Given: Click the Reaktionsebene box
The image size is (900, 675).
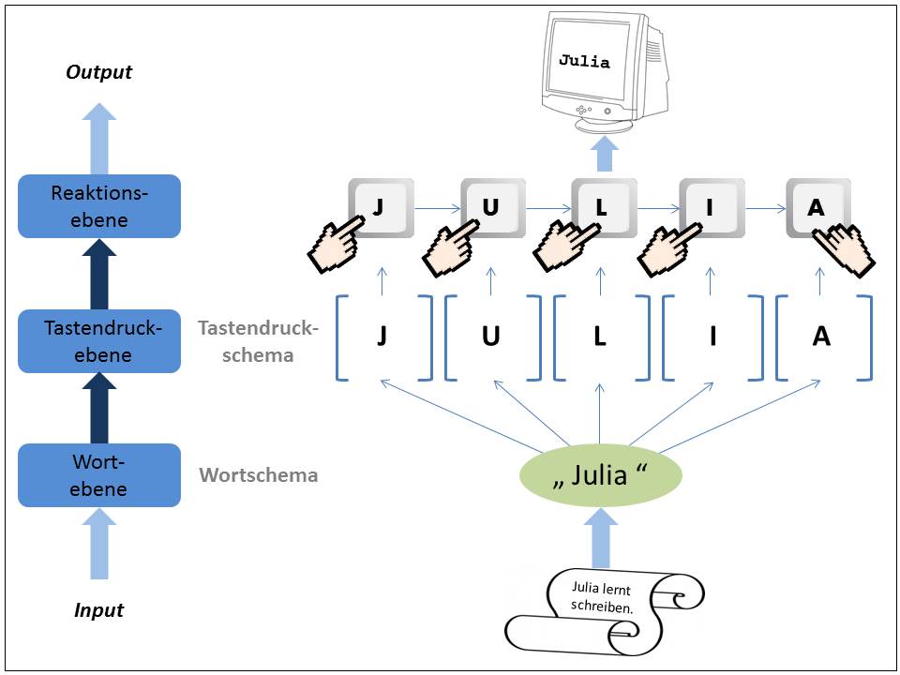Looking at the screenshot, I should click(x=98, y=206).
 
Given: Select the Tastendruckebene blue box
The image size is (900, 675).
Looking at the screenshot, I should click(x=98, y=341).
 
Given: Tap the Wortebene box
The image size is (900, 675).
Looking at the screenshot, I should click(x=98, y=475).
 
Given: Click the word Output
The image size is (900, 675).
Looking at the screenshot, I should click(x=98, y=72).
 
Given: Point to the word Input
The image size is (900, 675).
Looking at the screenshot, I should click(x=98, y=610).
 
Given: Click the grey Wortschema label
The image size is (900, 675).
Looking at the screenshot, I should click(x=258, y=475).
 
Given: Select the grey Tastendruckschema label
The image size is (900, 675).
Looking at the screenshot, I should click(x=258, y=341).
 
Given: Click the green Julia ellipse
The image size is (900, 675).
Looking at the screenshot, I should click(x=600, y=475).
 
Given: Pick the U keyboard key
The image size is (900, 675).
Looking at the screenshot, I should click(x=491, y=208).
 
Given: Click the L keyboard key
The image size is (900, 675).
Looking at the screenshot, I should click(x=602, y=208).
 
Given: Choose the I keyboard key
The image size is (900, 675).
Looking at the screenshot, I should click(x=711, y=208).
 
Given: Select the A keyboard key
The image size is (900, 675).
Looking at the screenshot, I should click(x=817, y=208).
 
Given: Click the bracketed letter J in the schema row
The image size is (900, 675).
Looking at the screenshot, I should click(x=382, y=337).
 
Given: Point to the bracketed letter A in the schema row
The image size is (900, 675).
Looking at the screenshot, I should click(x=821, y=337).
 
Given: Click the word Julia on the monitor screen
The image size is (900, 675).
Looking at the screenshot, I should click(x=584, y=63).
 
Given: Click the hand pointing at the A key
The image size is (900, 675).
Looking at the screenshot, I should click(x=844, y=251).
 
